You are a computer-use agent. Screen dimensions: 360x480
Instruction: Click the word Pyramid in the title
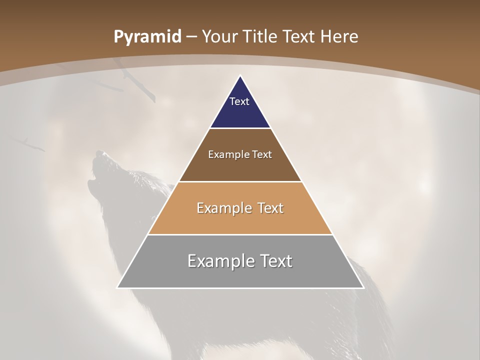click(x=147, y=37)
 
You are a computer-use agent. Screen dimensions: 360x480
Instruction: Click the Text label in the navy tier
click(x=239, y=101)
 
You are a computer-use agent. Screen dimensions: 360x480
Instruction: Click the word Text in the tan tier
click(x=270, y=208)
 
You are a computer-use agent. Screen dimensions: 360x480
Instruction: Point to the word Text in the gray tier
click(x=276, y=261)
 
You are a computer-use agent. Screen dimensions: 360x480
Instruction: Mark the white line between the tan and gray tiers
click(x=240, y=234)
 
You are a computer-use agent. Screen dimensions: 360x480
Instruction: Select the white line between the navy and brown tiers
click(x=240, y=128)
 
